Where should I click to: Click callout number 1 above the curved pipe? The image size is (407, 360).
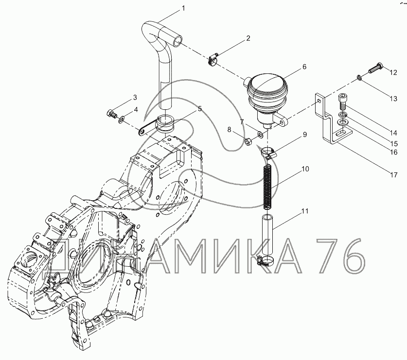pos(183,9)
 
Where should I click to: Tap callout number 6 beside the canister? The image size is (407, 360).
pos(304,67)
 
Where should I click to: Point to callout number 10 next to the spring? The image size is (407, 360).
pos(305,169)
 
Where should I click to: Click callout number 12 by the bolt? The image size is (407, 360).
pos(393,72)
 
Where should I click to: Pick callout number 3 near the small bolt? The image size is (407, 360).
pos(135,98)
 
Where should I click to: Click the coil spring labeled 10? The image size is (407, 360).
pos(267,187)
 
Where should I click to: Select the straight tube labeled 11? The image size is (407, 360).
pos(267,235)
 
